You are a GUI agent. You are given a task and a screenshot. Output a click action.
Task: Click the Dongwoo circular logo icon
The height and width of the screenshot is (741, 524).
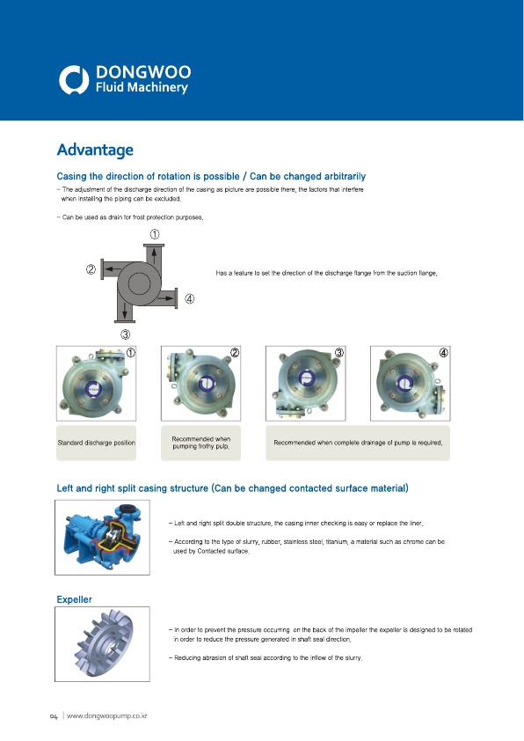coord(74,79)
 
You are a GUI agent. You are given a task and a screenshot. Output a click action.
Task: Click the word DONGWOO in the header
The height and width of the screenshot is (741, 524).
coord(143,72)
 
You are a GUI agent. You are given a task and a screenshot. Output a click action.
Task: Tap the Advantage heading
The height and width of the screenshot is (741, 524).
coord(95,150)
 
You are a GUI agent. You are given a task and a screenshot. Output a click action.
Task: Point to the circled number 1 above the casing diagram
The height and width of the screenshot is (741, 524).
coord(155,234)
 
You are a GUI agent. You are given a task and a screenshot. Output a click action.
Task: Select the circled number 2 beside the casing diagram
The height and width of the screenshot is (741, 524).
coord(91,270)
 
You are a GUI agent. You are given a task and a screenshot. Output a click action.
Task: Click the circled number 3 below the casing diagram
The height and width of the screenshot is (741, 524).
coord(125,334)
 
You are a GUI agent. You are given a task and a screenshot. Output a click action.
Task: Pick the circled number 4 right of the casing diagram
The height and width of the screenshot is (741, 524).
coord(189,298)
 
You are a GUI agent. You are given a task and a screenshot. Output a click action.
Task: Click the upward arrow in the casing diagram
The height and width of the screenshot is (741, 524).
coord(154,256)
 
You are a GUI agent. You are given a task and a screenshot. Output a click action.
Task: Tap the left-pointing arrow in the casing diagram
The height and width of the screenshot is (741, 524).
coord(111,268)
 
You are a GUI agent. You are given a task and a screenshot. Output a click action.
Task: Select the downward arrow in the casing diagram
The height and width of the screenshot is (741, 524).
coord(125,311)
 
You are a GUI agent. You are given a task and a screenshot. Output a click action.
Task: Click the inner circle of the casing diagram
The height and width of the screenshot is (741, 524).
coord(139,283)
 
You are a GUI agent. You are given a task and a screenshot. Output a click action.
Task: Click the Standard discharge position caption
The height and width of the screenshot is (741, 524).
coord(97,443)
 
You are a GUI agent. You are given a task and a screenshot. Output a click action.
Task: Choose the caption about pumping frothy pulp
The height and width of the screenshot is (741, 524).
coord(201,443)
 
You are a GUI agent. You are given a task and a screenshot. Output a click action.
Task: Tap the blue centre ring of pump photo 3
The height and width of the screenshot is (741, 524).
coord(305,378)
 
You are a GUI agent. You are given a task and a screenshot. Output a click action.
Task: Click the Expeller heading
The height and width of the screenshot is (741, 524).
coord(74,599)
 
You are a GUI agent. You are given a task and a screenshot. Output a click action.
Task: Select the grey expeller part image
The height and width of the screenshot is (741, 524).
coord(105,643)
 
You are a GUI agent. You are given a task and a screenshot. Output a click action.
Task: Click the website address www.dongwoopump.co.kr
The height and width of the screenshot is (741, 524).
coord(107,716)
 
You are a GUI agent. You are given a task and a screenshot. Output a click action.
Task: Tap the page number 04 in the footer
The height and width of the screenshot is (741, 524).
coord(54,717)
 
